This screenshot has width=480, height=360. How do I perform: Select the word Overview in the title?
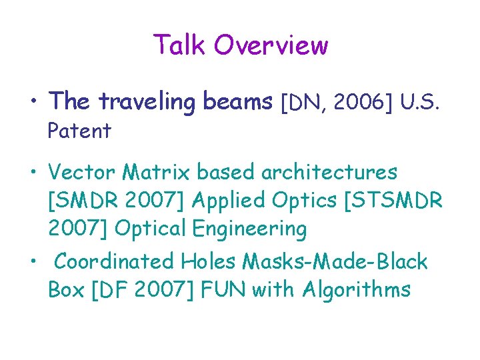pyautogui.click(x=271, y=45)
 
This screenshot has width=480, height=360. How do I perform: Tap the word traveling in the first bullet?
pyautogui.click(x=146, y=102)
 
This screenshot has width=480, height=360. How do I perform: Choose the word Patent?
pyautogui.click(x=79, y=131)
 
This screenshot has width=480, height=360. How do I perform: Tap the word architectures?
pyautogui.click(x=329, y=172)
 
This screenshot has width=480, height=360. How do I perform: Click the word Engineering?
pyautogui.click(x=249, y=229)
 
